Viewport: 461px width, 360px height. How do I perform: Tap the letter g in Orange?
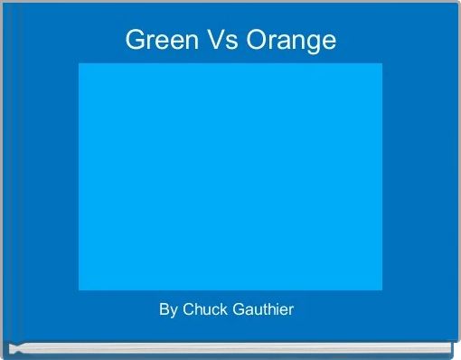coord(312,43)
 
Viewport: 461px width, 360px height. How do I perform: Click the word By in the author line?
coord(168,310)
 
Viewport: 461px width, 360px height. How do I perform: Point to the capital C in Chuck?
coord(188,310)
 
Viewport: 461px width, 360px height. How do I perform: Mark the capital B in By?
coord(165,310)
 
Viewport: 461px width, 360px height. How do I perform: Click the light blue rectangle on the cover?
coord(230,176)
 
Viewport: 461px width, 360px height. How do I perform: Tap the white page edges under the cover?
coord(230,346)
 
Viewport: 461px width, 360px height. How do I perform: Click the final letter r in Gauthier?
coord(291,311)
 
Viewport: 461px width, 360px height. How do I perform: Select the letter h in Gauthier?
coord(268,310)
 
